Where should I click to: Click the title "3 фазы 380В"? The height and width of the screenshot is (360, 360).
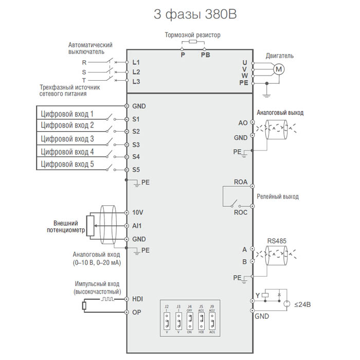195,14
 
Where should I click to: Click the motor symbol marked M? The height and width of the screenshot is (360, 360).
278,69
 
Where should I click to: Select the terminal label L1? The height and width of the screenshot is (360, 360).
136,62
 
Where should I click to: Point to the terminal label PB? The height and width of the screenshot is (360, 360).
205,54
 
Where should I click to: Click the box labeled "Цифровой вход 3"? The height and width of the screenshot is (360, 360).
67,139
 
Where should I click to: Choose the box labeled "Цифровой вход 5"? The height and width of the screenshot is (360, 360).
67,165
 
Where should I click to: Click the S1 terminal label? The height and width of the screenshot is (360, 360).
136,119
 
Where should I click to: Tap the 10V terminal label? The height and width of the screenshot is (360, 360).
138,212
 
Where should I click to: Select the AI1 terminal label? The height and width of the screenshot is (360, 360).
137,226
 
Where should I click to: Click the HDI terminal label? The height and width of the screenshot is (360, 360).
138,299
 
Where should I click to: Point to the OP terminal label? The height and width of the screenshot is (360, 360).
137,312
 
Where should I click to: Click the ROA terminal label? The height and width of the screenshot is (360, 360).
241,183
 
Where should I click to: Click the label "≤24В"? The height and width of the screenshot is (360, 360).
302,304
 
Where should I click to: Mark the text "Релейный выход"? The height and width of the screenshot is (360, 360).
278,196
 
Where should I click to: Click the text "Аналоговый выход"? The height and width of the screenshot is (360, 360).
280,112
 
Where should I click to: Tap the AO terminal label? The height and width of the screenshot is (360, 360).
243,123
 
